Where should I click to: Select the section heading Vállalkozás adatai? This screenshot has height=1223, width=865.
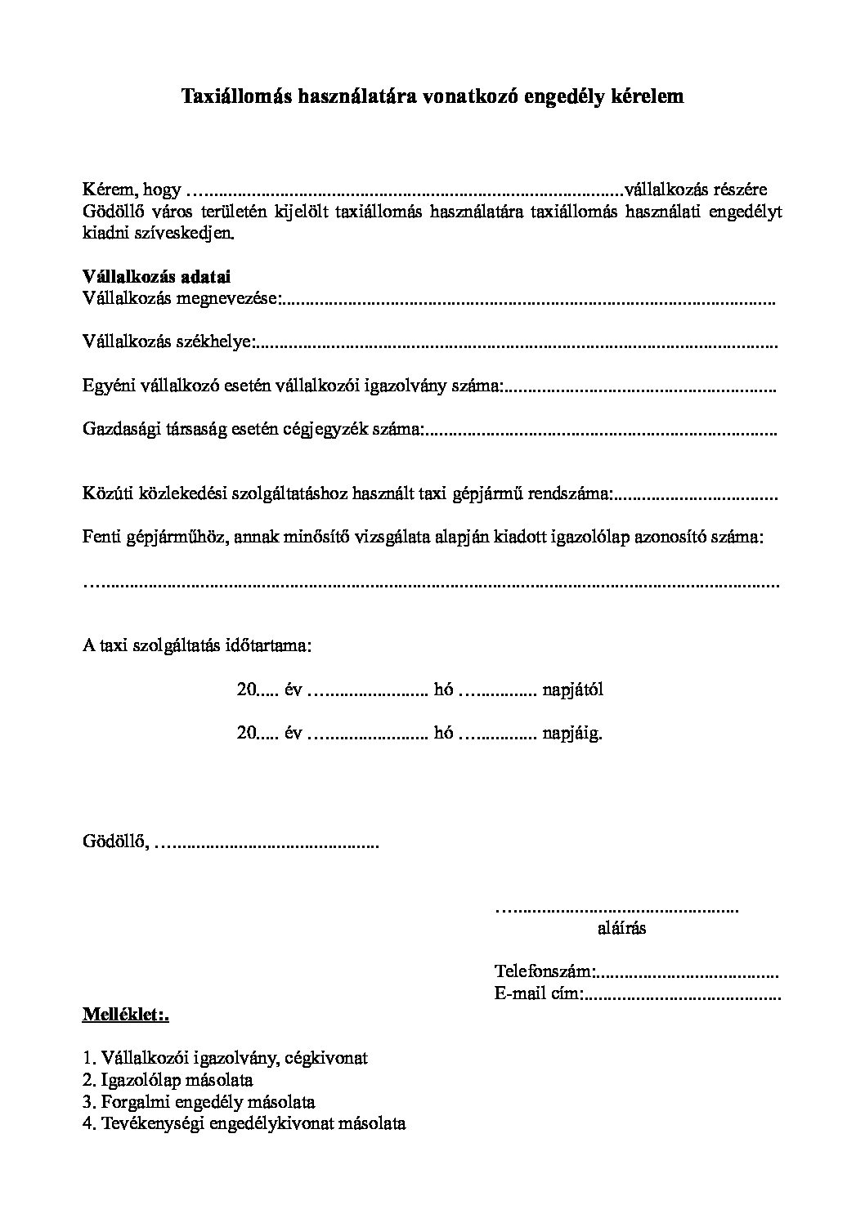[156, 277]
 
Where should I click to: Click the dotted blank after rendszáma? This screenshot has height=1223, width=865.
[695, 494]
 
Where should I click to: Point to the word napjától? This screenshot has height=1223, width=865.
[572, 690]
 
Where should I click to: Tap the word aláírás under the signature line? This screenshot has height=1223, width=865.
[622, 928]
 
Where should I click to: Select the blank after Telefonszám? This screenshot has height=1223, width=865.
[687, 973]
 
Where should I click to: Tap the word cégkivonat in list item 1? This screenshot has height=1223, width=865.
[329, 1059]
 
